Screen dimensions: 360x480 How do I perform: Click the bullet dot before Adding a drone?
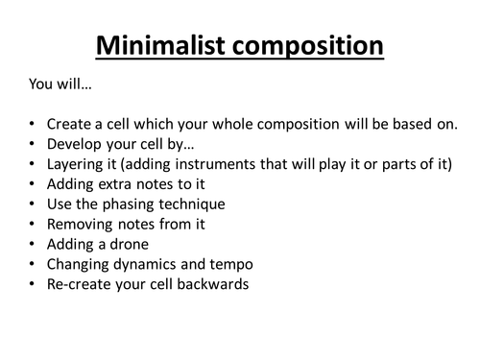[x=33, y=245]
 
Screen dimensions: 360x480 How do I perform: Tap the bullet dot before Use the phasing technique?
[x=33, y=204]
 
